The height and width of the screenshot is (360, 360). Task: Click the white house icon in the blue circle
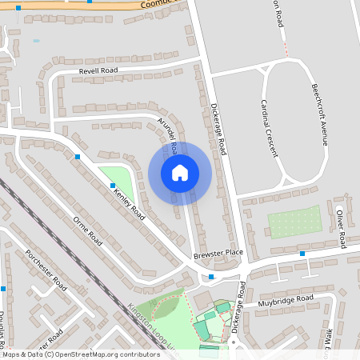(x=179, y=173)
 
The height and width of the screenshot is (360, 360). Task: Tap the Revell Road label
(x=98, y=71)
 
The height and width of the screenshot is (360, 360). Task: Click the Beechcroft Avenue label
(x=319, y=113)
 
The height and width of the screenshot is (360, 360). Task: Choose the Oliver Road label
(x=340, y=228)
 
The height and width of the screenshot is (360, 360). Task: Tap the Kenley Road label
(x=129, y=205)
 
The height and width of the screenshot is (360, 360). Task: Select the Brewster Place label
(x=218, y=254)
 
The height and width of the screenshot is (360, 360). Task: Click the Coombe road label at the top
(x=147, y=5)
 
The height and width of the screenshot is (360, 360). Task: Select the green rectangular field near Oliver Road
(x=294, y=221)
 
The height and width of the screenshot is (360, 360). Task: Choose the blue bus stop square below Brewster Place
(x=211, y=277)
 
